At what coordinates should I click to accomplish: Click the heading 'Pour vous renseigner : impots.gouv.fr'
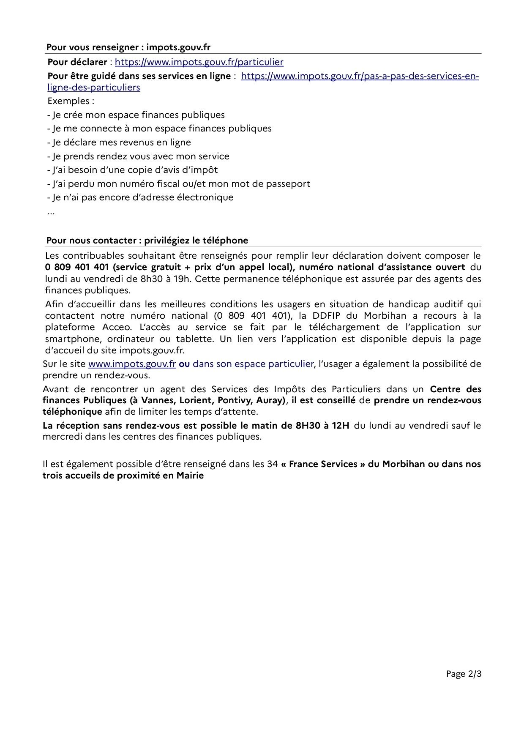pos(128,47)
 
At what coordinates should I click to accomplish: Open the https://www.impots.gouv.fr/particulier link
pos(199,62)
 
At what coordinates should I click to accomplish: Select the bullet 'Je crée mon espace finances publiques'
pos(136,115)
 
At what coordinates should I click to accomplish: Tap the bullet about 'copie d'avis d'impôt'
pos(132,170)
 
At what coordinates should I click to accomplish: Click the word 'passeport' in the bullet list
pos(289,184)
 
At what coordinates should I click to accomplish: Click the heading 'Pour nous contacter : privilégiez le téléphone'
pos(147,241)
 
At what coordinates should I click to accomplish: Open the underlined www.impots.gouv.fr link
pos(132,364)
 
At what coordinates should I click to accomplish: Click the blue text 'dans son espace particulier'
pos(253,364)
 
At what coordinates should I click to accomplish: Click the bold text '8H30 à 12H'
pos(322,426)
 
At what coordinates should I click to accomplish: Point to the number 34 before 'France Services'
pos(272,464)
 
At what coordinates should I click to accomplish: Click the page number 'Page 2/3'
pos(464,674)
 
